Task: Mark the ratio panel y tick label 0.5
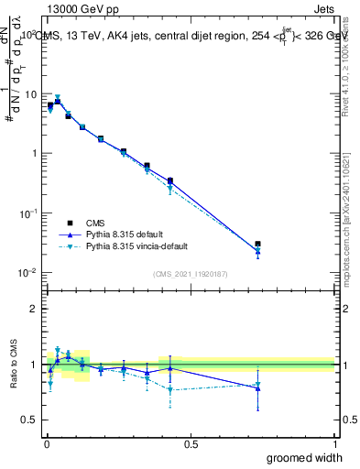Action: (29, 420)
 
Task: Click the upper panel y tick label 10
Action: (30, 94)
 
